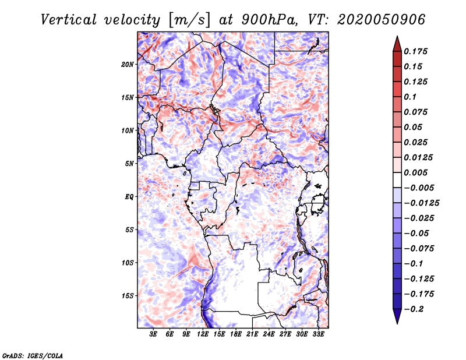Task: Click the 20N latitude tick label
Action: pos(128,65)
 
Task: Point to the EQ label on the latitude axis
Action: pos(129,197)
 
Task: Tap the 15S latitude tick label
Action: pos(128,296)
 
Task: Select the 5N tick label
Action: pos(129,164)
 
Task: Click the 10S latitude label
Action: pos(128,263)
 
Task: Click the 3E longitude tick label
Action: pos(153,334)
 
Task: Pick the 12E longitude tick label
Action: pos(203,334)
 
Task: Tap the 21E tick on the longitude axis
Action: pos(252,334)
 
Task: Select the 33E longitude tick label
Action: pos(318,334)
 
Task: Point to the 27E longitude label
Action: pos(285,334)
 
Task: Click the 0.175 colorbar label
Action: pos(415,51)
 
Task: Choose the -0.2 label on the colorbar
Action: pos(414,309)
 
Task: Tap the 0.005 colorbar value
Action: pos(415,172)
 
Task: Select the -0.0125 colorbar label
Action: pos(421,203)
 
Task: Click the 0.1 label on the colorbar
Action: pos(410,97)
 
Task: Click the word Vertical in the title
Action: pos(69,20)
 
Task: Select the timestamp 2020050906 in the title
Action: pos(382,20)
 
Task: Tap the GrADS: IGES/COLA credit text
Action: pos(33,356)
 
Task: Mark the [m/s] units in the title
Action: pos(189,20)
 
